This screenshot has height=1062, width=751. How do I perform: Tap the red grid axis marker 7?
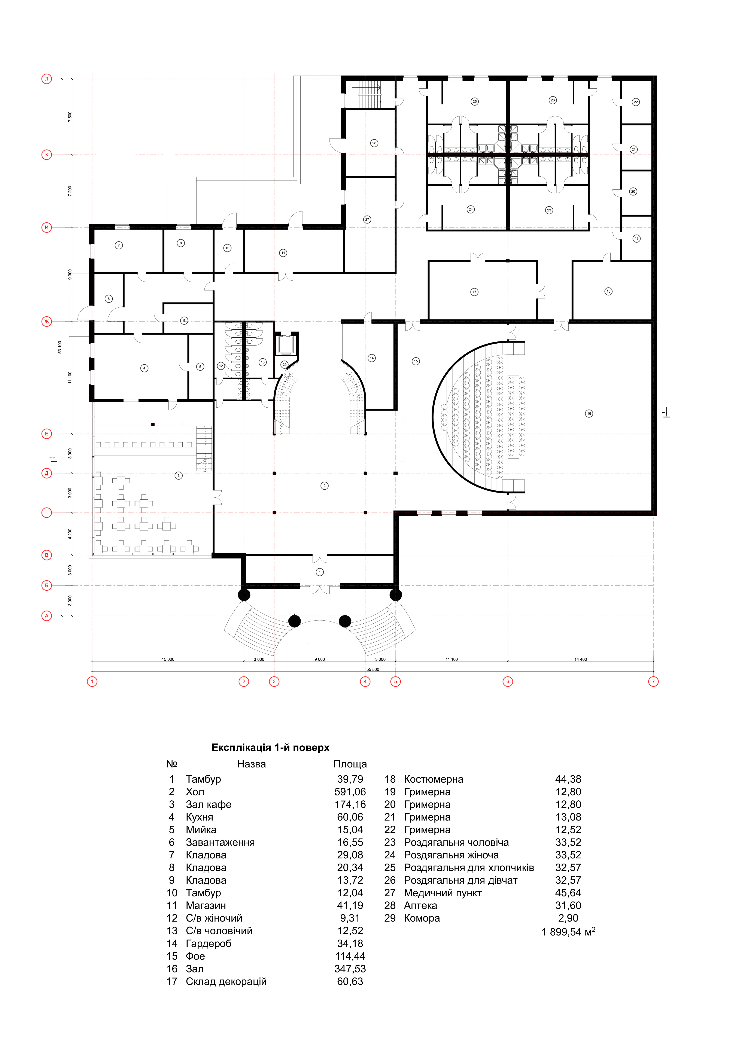pos(653,681)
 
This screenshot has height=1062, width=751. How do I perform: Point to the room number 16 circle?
pos(589,414)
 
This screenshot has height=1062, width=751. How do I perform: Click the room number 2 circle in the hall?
pos(325,486)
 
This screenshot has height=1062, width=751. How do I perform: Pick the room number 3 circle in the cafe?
pos(179,475)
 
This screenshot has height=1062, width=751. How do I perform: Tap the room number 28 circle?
pos(374,143)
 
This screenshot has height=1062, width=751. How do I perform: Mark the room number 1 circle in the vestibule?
pos(320,572)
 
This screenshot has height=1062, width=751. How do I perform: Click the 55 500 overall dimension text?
pos(373,669)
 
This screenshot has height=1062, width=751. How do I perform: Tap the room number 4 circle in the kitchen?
pos(144,368)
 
